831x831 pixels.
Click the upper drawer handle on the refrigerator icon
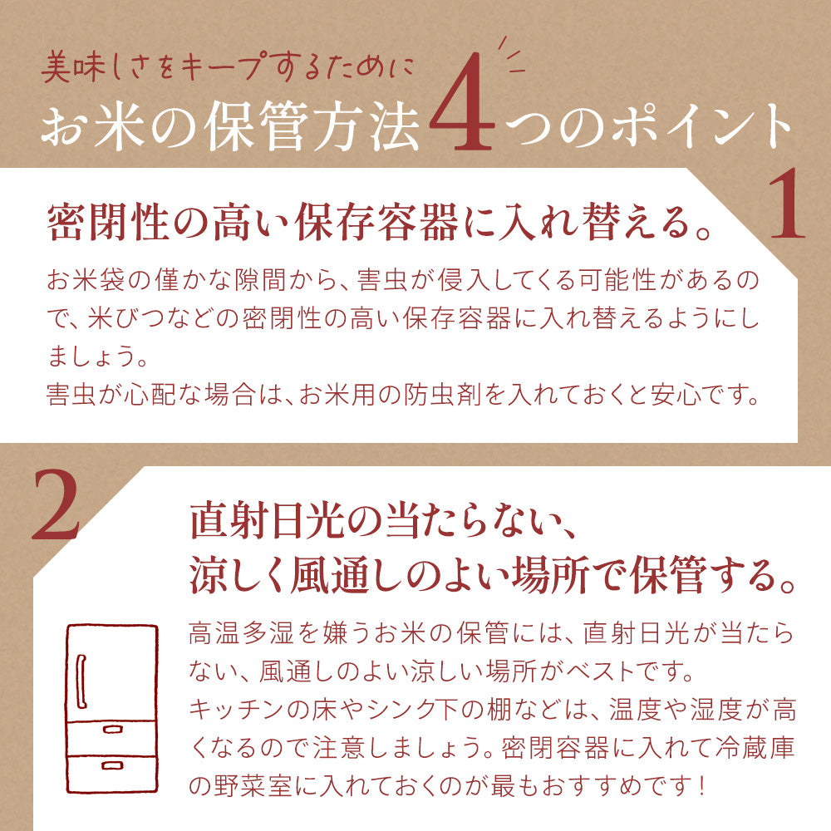(111, 728)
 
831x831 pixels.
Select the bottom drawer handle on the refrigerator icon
(111, 764)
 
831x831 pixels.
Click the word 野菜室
(269, 784)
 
